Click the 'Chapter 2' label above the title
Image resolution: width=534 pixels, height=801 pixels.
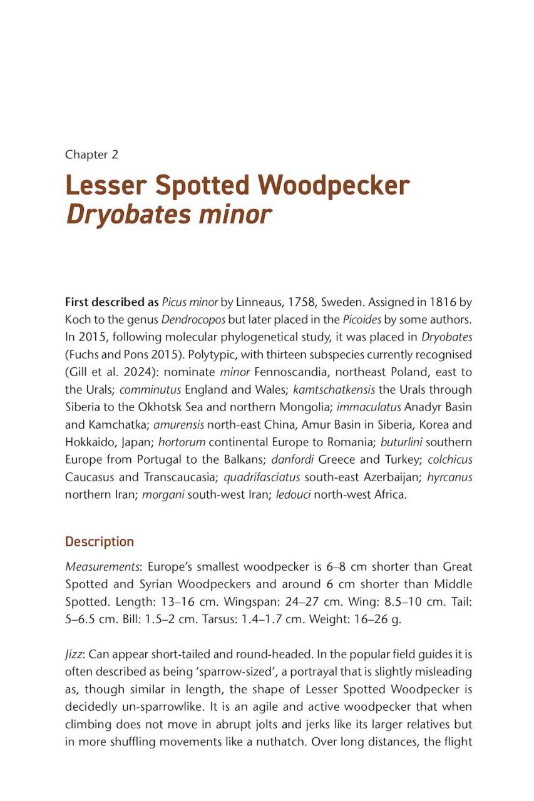pyautogui.click(x=91, y=154)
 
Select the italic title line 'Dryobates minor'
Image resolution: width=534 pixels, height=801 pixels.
pyautogui.click(x=168, y=215)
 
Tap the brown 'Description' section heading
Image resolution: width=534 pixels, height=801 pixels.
pyautogui.click(x=100, y=541)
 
